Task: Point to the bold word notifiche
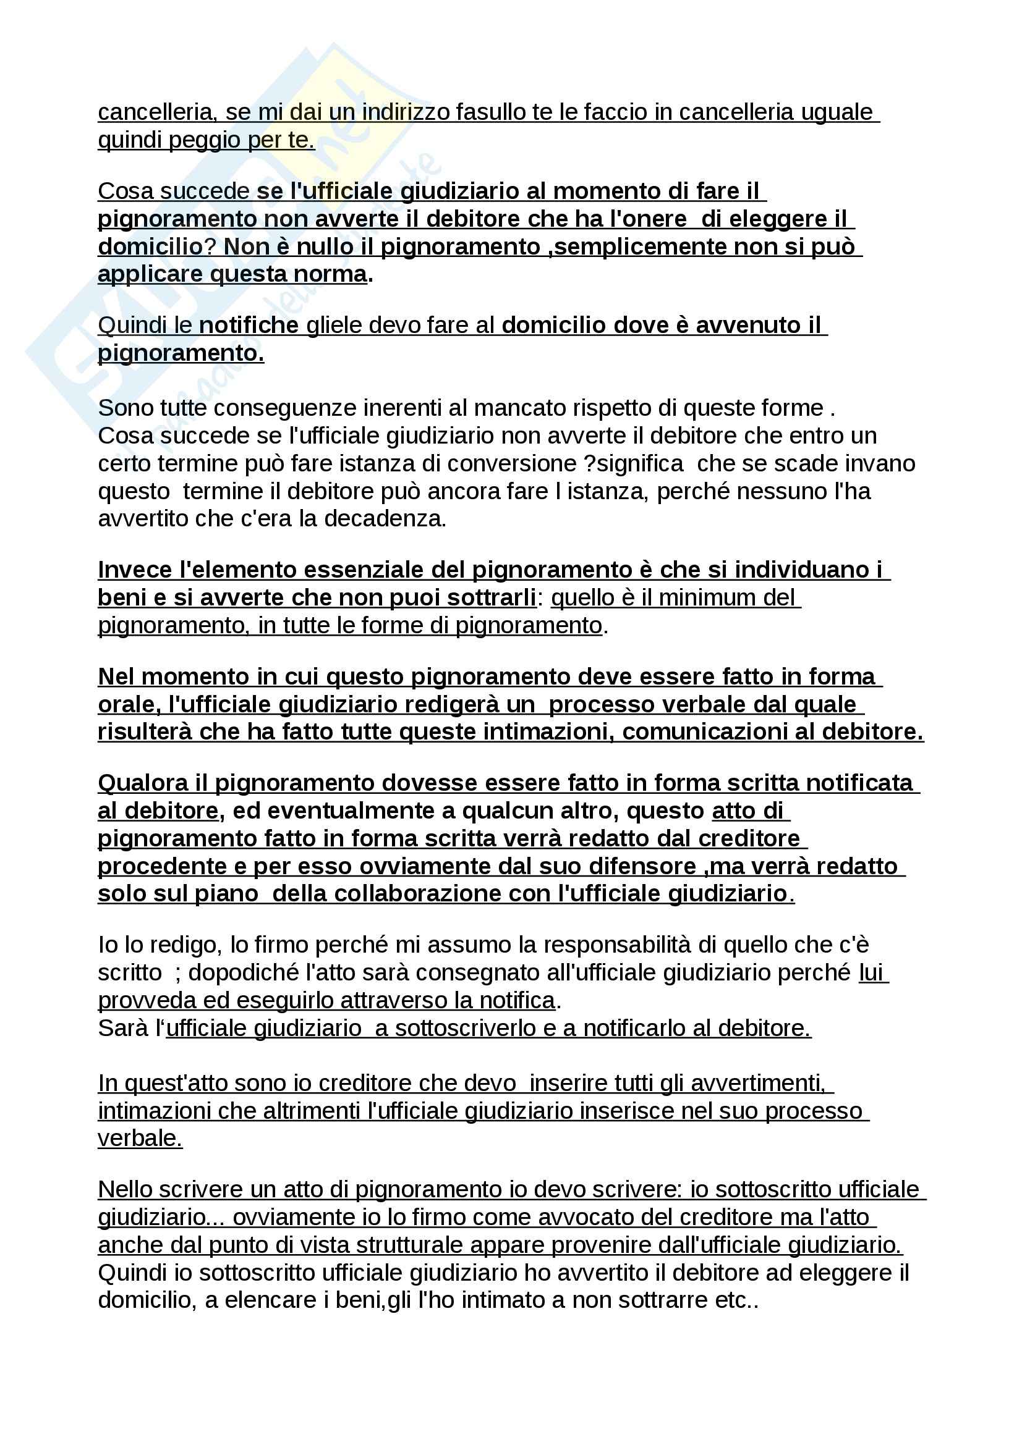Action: click(249, 326)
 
